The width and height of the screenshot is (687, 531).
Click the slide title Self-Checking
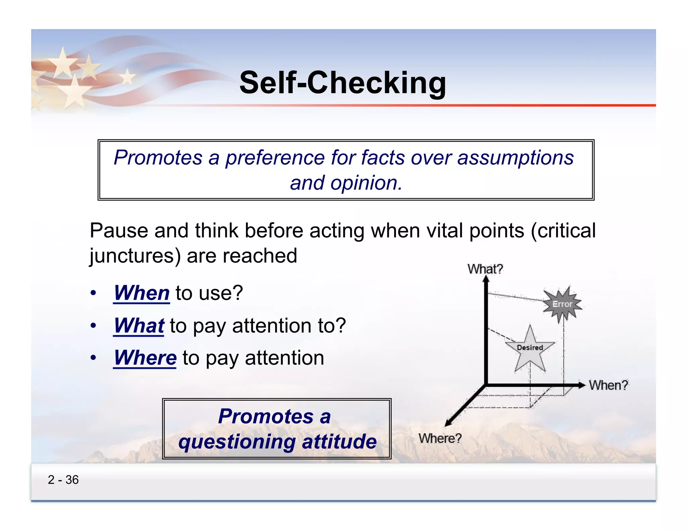click(342, 83)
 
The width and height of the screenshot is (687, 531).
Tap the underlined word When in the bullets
click(142, 293)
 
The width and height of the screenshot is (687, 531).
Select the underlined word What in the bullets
click(139, 325)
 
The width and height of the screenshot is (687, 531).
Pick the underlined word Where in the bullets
click(145, 357)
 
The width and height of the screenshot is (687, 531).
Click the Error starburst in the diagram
click(562, 304)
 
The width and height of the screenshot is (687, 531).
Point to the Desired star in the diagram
click(530, 349)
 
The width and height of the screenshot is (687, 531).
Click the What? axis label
click(485, 269)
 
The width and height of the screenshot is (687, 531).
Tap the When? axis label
click(608, 385)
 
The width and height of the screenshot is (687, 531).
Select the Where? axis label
click(440, 438)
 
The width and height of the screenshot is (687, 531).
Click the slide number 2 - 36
click(63, 480)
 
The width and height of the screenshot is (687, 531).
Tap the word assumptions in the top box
click(515, 157)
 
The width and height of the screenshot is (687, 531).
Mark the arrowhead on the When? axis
click(581, 385)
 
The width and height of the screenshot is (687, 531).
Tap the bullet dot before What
click(93, 325)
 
